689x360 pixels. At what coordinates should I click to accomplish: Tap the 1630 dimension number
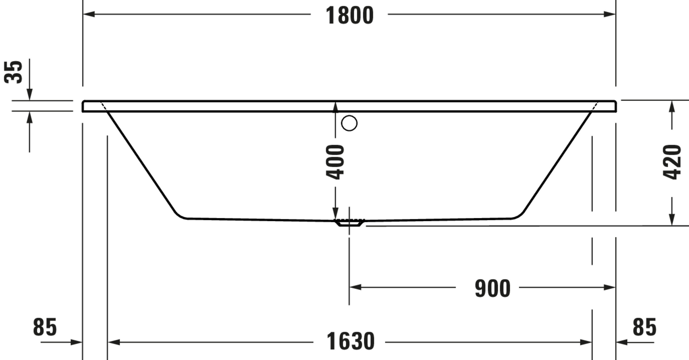click(350, 341)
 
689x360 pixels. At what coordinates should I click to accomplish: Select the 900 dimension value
click(493, 288)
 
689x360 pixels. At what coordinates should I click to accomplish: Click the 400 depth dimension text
click(335, 162)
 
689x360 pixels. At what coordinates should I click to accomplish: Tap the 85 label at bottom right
click(645, 327)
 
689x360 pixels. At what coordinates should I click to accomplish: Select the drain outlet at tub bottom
click(349, 222)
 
